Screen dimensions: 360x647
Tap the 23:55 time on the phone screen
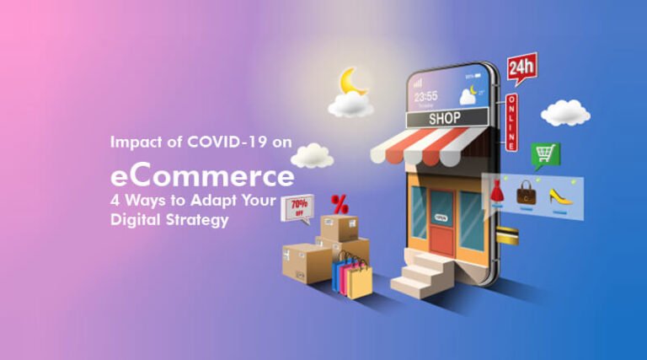(x=426, y=95)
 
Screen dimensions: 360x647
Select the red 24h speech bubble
(x=521, y=68)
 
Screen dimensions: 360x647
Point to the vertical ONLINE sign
(x=511, y=121)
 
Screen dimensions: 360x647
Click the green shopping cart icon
(x=544, y=155)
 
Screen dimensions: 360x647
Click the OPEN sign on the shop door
(x=441, y=217)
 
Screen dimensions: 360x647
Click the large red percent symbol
(x=340, y=204)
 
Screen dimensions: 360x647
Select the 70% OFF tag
(x=297, y=207)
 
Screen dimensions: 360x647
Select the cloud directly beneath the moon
(x=350, y=105)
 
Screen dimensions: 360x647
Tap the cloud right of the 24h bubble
(x=565, y=112)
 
